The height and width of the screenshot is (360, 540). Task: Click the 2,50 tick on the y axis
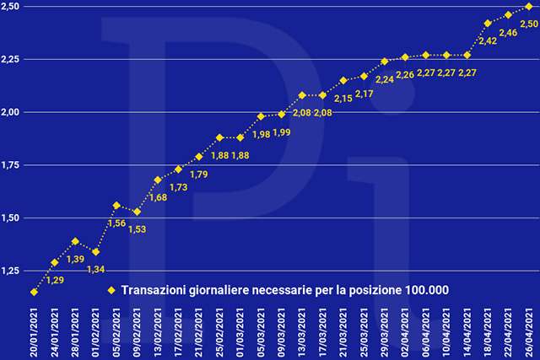tap(11, 7)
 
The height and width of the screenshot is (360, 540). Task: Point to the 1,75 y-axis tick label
tap(11, 165)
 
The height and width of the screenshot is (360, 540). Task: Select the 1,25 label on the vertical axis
tap(11, 271)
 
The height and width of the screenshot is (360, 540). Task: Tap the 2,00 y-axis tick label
tap(11, 112)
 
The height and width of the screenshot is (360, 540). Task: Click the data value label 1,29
tap(54, 280)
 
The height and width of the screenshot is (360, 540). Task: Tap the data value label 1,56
tap(117, 223)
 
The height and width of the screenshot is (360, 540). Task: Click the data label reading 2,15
tap(343, 99)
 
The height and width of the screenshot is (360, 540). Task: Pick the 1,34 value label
tap(96, 269)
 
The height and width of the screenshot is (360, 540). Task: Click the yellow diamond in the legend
tap(110, 291)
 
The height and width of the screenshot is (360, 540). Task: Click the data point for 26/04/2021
tap(529, 7)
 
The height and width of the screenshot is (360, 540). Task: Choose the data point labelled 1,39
tap(75, 241)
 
